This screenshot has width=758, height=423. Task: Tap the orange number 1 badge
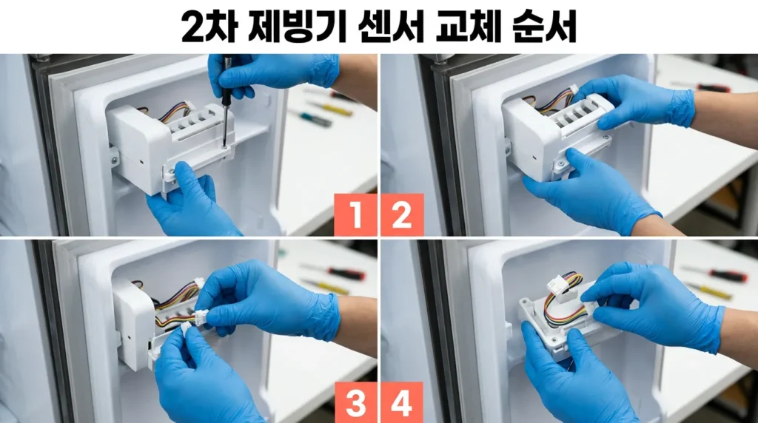click(355, 215)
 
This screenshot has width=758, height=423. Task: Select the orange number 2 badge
click(402, 215)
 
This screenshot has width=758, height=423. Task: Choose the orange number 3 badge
click(355, 402)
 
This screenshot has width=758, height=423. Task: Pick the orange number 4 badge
click(402, 402)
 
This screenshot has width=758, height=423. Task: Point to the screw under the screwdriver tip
click(224, 147)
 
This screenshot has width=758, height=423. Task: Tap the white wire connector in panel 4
click(557, 288)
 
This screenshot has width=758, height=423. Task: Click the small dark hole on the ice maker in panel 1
click(141, 161)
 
